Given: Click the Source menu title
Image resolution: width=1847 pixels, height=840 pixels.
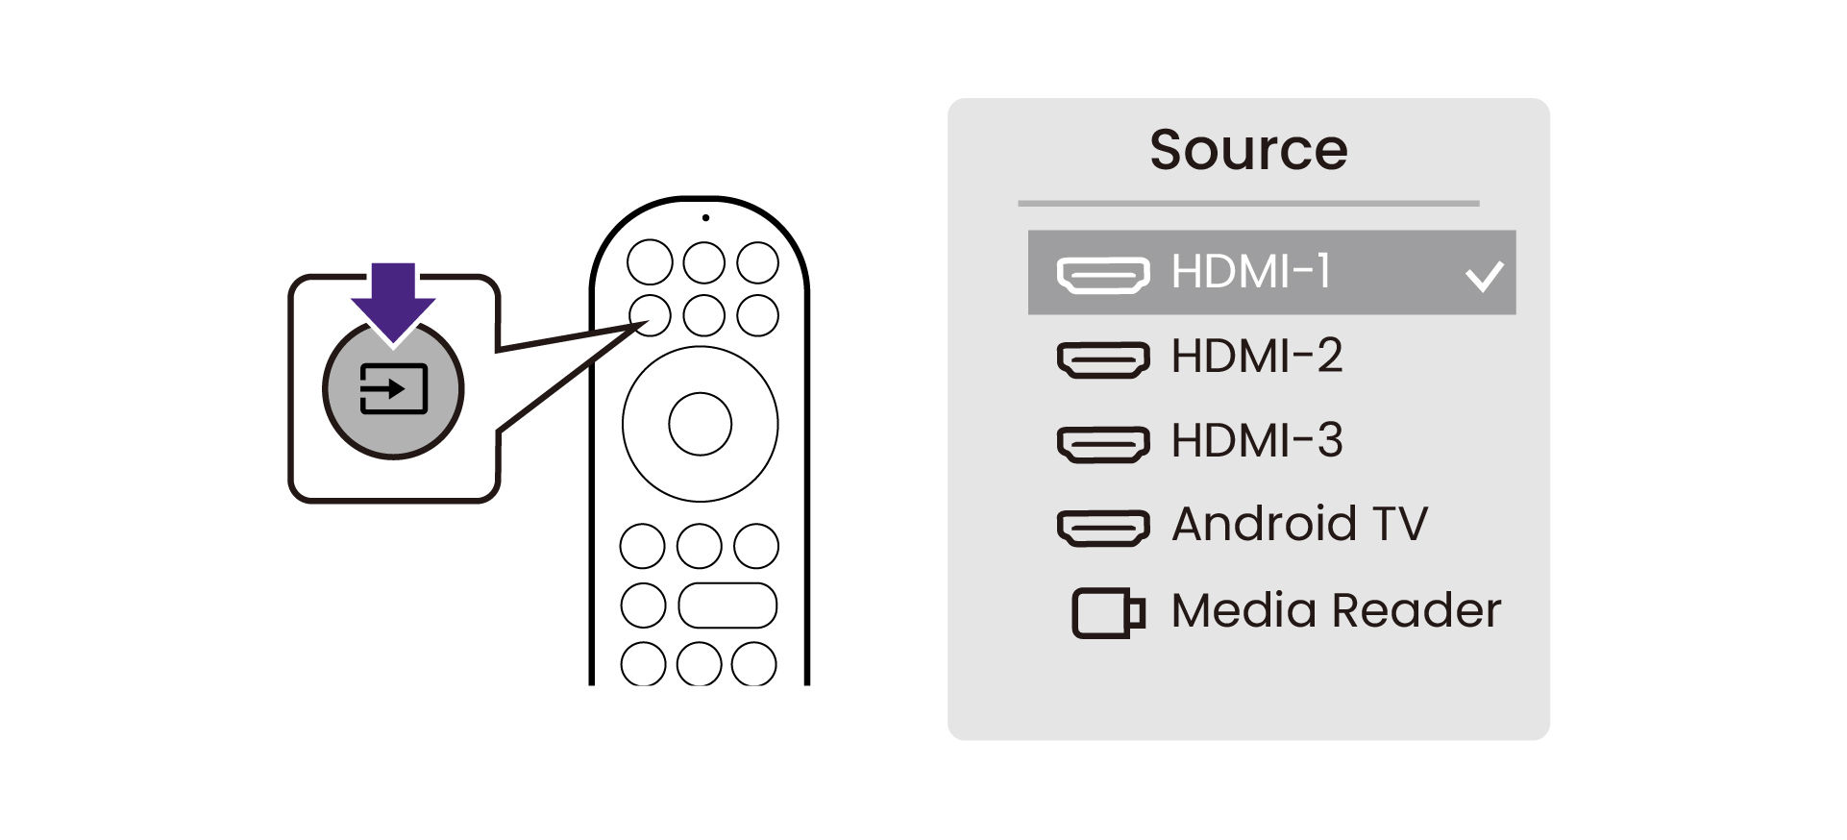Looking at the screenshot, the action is (1248, 150).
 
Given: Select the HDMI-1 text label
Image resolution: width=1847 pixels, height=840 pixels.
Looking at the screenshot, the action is (1251, 271).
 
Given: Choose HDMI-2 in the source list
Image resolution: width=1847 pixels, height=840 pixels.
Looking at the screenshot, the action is (1257, 356).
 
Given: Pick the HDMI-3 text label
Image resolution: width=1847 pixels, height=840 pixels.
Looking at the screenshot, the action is (1257, 440).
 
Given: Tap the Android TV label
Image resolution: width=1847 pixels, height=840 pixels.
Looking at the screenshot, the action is (1299, 524).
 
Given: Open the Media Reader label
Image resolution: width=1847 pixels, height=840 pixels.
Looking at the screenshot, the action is (1336, 610).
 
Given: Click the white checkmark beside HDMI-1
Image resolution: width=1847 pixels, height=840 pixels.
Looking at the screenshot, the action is (1485, 276).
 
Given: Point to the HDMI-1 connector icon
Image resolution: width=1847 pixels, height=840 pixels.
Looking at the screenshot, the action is (1103, 275).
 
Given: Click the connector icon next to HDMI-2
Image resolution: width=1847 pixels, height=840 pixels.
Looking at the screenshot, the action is (1103, 360).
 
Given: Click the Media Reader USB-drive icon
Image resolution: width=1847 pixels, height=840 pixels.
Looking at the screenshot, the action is (1108, 613).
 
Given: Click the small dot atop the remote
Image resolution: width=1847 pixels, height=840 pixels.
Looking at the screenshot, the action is (705, 218).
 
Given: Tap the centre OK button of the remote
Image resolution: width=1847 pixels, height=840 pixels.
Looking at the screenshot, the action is (700, 424).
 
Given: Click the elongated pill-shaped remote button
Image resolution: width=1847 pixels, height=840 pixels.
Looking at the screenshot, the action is (727, 605).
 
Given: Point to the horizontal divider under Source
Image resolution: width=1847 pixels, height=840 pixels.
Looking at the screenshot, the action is (1248, 204).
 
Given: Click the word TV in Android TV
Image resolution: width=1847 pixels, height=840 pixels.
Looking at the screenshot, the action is (1400, 524).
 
